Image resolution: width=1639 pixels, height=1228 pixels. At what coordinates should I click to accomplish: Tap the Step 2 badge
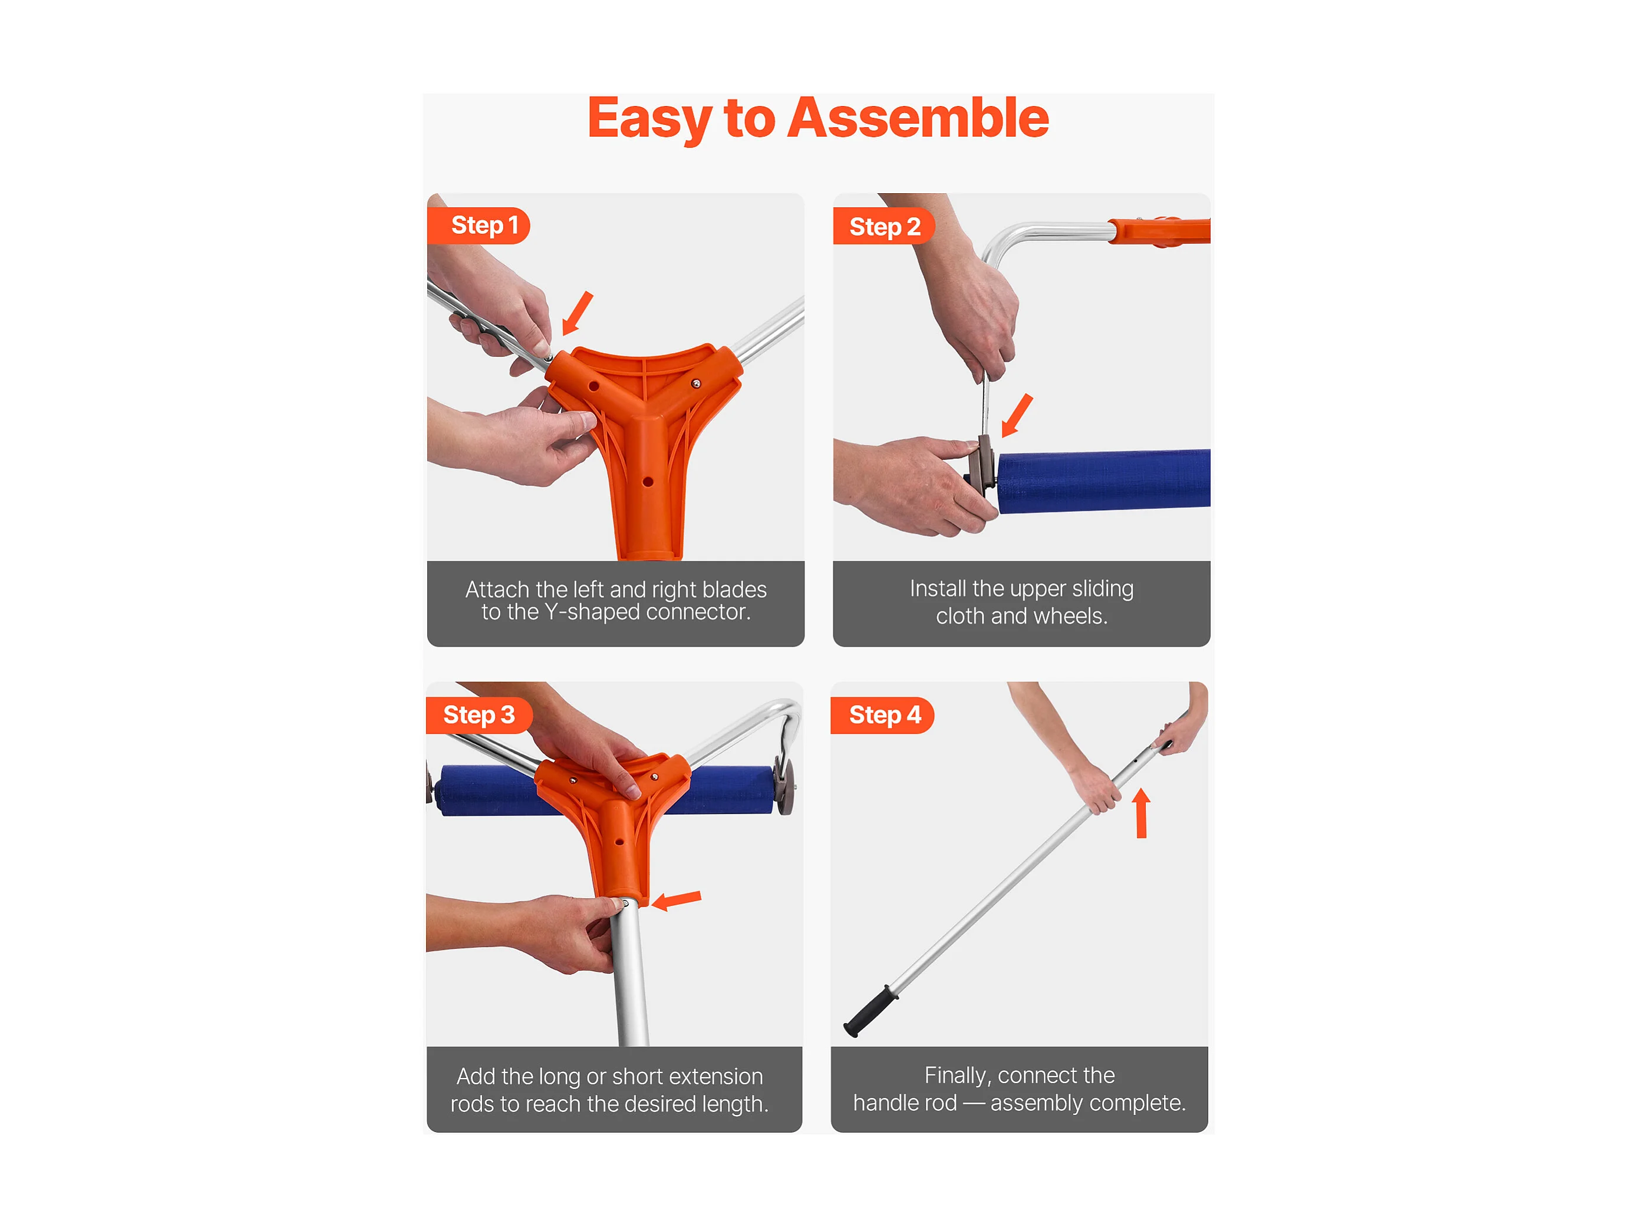point(884,226)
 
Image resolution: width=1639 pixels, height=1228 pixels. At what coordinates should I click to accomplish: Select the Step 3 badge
point(479,715)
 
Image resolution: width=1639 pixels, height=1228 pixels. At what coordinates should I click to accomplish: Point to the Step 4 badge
point(882,715)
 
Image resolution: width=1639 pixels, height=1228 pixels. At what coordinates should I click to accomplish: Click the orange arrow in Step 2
point(1017,415)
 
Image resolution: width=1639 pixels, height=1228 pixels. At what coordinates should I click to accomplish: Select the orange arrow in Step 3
point(677,900)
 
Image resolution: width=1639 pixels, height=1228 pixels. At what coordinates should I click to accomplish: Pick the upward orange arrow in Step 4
point(1141,813)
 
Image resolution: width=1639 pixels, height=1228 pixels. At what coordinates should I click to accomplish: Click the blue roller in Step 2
point(1103,481)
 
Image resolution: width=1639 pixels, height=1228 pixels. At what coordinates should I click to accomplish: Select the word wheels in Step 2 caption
point(1071,616)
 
